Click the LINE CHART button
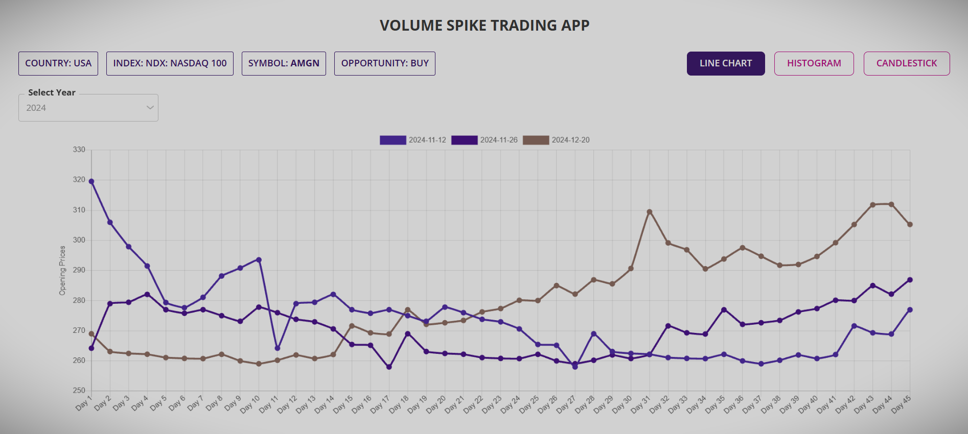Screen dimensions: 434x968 click(x=725, y=63)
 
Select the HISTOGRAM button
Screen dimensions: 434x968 click(x=814, y=63)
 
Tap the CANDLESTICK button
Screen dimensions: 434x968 click(x=906, y=63)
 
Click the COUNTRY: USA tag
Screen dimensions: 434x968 click(x=58, y=63)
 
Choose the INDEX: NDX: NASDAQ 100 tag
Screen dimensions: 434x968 click(x=170, y=63)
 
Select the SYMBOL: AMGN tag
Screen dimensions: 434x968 click(x=284, y=63)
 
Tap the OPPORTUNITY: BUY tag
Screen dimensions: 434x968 click(x=384, y=63)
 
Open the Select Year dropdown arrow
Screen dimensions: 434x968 click(x=150, y=108)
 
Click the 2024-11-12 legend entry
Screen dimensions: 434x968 click(x=413, y=140)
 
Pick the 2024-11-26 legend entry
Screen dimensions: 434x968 click(x=485, y=140)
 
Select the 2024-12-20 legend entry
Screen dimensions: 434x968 click(x=556, y=140)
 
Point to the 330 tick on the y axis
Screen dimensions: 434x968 click(x=79, y=150)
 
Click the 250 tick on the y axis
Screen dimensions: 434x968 click(x=79, y=391)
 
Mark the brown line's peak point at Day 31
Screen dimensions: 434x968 click(x=649, y=212)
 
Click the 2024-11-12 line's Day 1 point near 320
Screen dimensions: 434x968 click(x=91, y=181)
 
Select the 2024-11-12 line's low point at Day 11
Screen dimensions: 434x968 click(x=278, y=348)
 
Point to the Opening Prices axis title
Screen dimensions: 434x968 click(x=62, y=270)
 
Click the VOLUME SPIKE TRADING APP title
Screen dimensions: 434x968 click(x=484, y=26)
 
